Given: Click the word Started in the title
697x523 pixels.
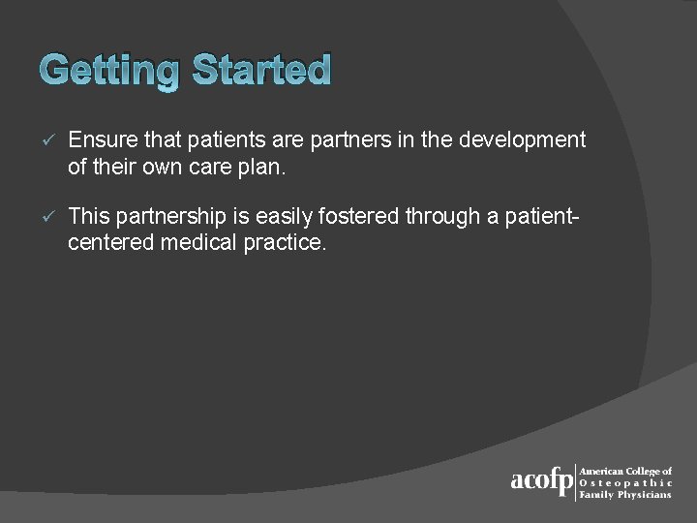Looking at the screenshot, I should click(261, 71).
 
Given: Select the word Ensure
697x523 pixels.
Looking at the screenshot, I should click(101, 140).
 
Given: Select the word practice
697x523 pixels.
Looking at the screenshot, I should click(285, 241).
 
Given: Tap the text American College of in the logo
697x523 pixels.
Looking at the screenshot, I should click(625, 471).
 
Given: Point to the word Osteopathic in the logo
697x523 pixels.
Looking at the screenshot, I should click(625, 482).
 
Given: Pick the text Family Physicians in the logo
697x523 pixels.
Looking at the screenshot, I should click(624, 494).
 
